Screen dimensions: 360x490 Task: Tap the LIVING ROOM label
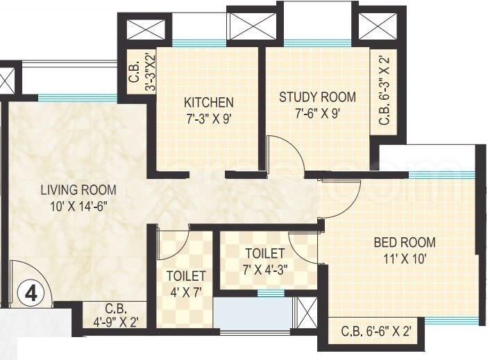[x=78, y=189]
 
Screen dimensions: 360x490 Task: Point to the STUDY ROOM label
[x=317, y=96]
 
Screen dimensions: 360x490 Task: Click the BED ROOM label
[x=405, y=242]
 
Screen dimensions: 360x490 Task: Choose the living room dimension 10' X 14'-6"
[x=78, y=205]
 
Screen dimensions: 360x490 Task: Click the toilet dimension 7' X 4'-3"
[x=265, y=268]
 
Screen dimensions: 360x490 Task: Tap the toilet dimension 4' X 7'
[x=185, y=290]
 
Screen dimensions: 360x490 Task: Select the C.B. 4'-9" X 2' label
[x=115, y=316]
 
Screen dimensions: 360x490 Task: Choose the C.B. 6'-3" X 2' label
[x=383, y=92]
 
